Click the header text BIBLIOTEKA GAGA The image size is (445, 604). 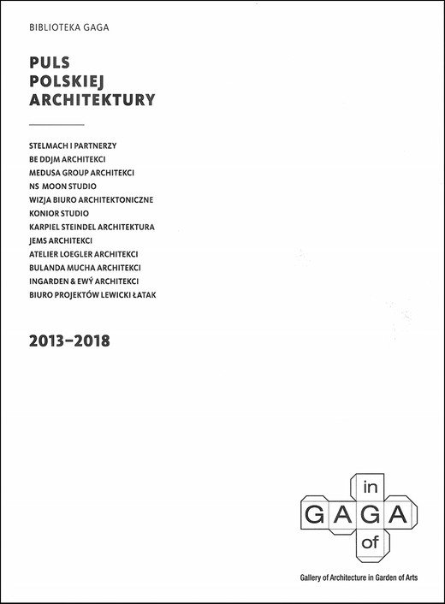(x=69, y=27)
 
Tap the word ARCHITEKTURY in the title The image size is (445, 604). (x=92, y=99)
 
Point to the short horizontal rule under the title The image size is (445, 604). (x=56, y=125)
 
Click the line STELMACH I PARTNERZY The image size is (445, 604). (x=78, y=145)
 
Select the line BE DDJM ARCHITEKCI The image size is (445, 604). (x=73, y=159)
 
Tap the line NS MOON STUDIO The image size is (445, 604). (x=62, y=187)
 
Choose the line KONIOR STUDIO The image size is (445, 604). (x=59, y=213)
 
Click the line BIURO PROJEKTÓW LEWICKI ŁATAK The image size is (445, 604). (x=98, y=295)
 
